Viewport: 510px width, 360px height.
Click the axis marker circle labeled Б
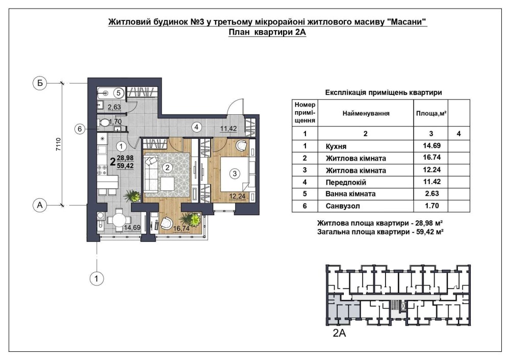(40, 83)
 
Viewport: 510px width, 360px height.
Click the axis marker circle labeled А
(40, 205)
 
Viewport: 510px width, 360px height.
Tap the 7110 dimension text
(59, 144)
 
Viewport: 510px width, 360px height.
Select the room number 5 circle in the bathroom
(118, 93)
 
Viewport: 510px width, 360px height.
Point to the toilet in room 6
(104, 123)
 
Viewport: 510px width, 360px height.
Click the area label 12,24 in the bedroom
(237, 196)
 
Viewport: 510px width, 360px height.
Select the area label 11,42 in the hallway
(228, 129)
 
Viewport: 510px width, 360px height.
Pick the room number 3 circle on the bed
(235, 174)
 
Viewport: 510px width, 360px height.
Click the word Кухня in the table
(336, 147)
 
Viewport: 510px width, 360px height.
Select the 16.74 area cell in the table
(431, 158)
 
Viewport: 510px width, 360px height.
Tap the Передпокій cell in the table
(346, 183)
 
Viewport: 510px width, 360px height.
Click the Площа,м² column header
(431, 114)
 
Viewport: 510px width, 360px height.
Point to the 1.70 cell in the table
(431, 205)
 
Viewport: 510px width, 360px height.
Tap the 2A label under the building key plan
(339, 333)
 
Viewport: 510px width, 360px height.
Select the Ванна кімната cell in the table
(350, 194)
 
